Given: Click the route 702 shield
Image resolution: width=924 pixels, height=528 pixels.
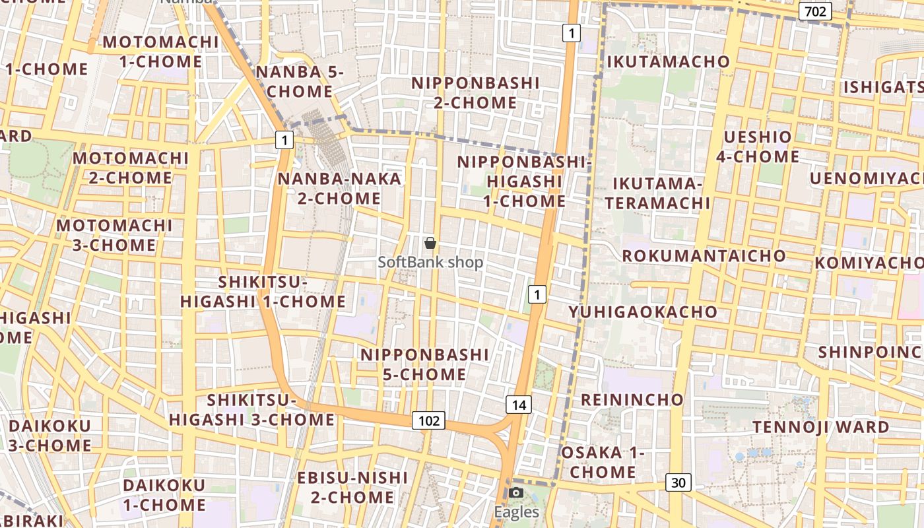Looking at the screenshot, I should tap(815, 11).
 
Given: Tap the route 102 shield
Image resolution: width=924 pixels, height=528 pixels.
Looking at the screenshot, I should tap(428, 420).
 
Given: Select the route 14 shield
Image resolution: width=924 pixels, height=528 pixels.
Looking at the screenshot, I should tap(519, 405).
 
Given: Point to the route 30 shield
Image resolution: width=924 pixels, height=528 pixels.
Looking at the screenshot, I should tap(678, 482).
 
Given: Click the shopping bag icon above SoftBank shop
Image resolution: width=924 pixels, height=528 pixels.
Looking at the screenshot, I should tap(430, 243).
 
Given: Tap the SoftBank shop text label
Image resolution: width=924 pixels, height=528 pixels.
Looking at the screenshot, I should tap(430, 262).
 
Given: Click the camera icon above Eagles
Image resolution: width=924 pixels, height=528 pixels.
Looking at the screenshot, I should tap(516, 492).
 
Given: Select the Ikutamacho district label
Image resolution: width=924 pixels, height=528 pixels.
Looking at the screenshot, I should tap(668, 61).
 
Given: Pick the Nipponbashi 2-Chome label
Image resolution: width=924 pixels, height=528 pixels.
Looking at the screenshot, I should tap(475, 93).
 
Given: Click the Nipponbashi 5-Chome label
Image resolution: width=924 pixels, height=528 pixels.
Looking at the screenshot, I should tap(424, 364).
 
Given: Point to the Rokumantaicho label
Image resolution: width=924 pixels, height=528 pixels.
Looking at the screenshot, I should tap(704, 255).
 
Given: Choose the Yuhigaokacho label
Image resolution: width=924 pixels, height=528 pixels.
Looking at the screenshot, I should tap(643, 312).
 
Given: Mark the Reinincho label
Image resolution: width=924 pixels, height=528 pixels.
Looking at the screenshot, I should tap(632, 399).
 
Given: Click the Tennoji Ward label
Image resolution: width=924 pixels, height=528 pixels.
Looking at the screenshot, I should tap(821, 427).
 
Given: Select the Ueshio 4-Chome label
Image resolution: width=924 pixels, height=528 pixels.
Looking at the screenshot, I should tap(758, 147).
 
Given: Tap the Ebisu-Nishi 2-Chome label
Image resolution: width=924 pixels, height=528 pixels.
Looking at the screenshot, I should tap(352, 487).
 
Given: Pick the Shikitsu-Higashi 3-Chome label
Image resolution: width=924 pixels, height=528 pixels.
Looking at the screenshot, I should tap(251, 410).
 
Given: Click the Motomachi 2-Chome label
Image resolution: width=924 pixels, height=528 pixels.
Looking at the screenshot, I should tap(131, 168).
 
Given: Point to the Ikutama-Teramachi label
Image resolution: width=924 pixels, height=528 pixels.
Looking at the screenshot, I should tap(657, 193).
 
